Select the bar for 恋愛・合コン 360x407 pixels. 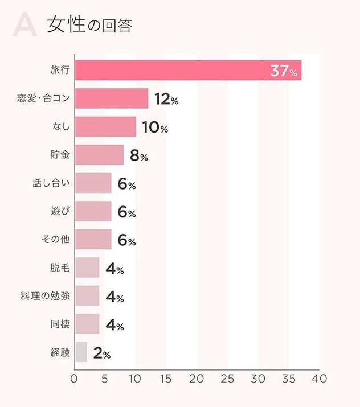click(x=111, y=99)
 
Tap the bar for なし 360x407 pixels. click(x=105, y=127)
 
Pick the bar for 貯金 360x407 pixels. click(x=99, y=155)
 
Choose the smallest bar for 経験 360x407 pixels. click(x=81, y=352)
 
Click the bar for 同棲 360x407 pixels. click(x=87, y=324)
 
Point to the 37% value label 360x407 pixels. click(x=284, y=72)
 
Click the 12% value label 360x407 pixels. click(x=166, y=100)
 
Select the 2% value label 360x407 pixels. click(x=102, y=353)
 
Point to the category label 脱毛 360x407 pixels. click(x=60, y=268)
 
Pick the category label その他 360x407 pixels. click(x=56, y=240)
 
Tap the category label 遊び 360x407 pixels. click(x=60, y=212)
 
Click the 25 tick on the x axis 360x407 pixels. click(x=227, y=379)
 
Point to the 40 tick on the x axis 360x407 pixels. click(x=319, y=379)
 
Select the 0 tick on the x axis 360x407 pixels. click(x=74, y=379)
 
